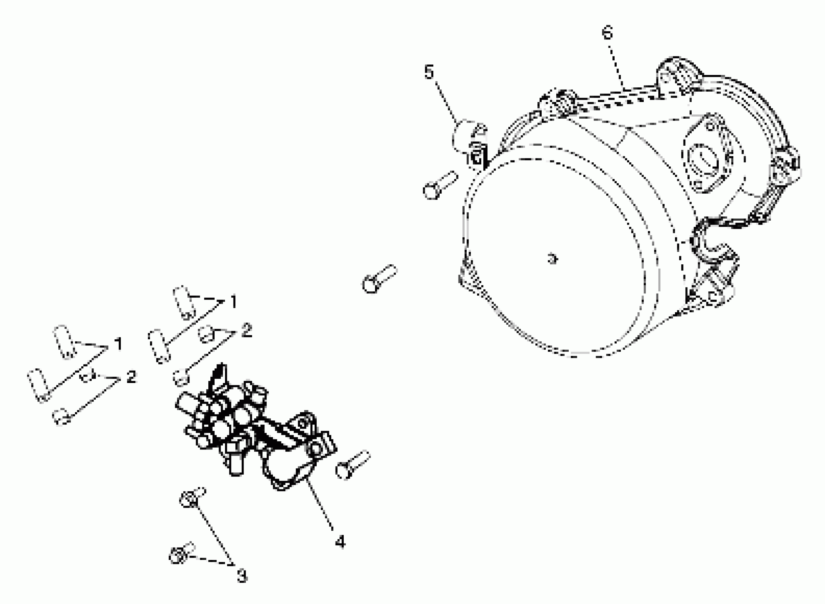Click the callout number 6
pyautogui.click(x=607, y=33)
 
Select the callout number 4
pyautogui.click(x=340, y=541)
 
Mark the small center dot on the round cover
pyautogui.click(x=552, y=259)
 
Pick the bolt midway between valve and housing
pyautogui.click(x=380, y=279)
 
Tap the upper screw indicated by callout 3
pyautogui.click(x=192, y=498)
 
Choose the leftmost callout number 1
pyautogui.click(x=118, y=344)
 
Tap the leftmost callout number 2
pyautogui.click(x=131, y=377)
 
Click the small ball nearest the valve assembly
pyautogui.click(x=181, y=377)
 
